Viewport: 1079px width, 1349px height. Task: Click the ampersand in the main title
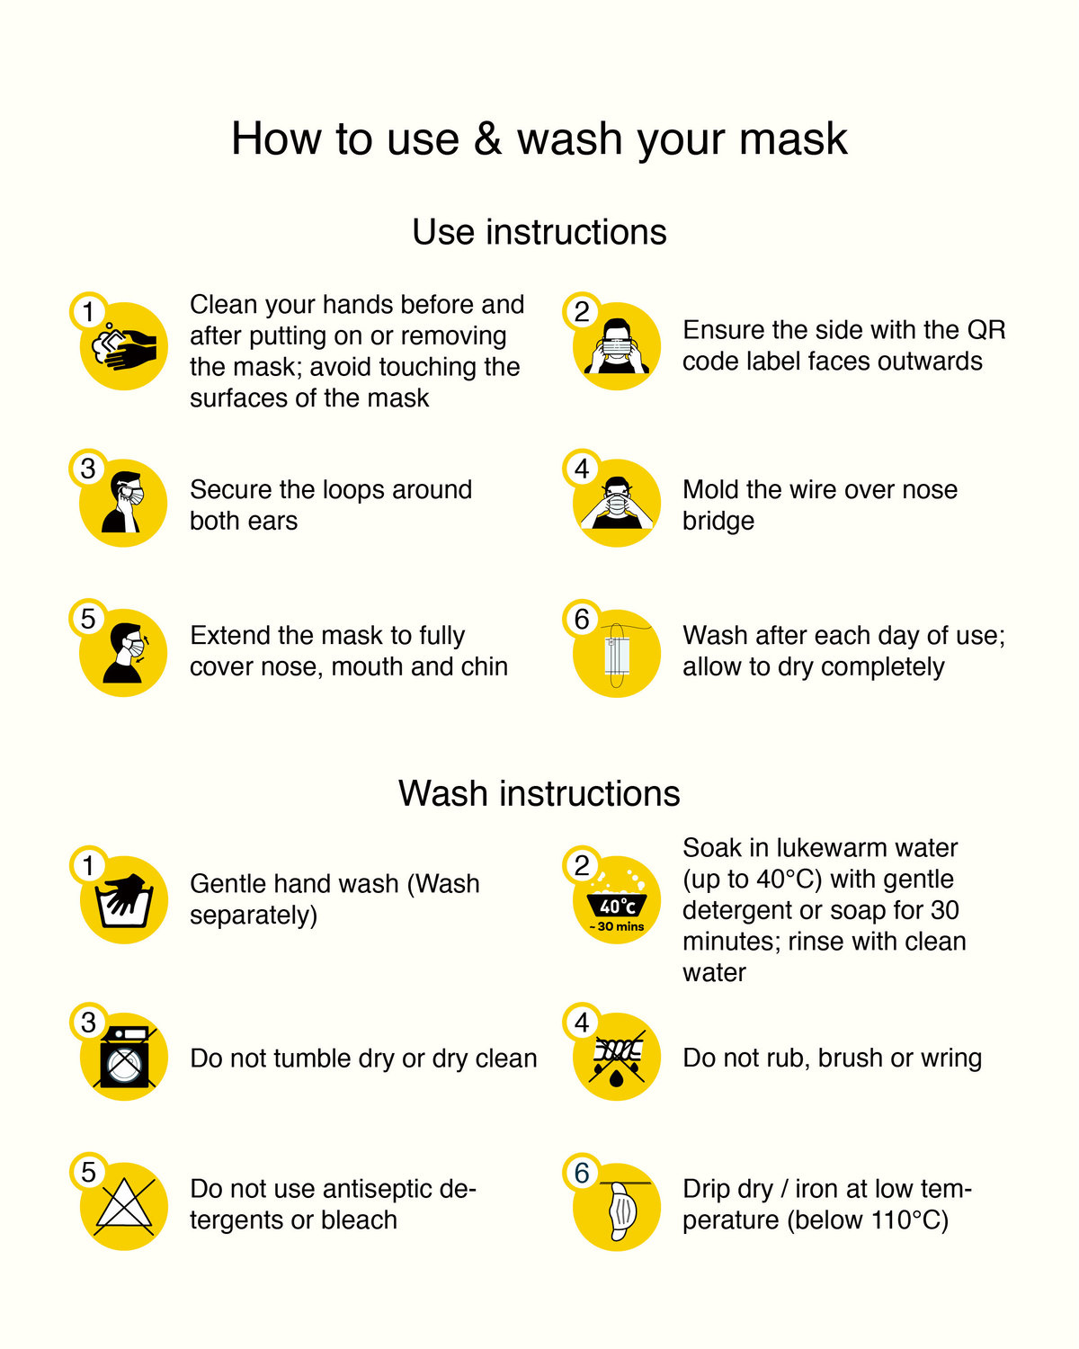(x=487, y=138)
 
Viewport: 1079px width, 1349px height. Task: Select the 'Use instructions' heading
(x=539, y=232)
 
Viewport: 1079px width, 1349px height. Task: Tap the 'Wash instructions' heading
(x=539, y=793)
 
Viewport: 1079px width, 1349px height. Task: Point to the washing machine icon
(x=124, y=1057)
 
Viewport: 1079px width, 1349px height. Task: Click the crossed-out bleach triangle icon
(x=124, y=1205)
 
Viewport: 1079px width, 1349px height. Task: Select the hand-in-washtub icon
(x=124, y=900)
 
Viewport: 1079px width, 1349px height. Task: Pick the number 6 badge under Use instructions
(x=582, y=620)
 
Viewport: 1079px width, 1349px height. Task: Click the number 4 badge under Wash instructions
(x=582, y=1023)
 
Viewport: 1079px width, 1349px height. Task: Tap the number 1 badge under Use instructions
(x=88, y=311)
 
